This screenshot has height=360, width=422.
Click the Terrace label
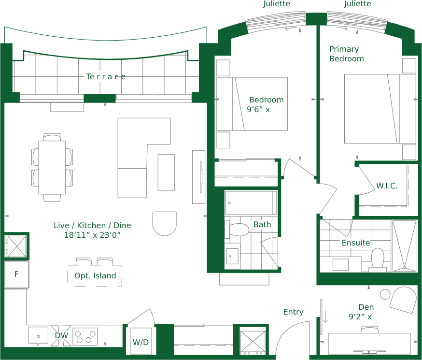(x=106, y=77)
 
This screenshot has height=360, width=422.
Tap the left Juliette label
(x=277, y=4)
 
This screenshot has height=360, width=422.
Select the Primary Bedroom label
(x=347, y=54)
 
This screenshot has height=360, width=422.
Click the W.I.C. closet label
(x=387, y=186)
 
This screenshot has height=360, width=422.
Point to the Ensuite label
(x=356, y=243)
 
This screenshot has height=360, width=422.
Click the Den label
(x=366, y=307)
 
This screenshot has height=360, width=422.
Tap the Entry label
(x=294, y=312)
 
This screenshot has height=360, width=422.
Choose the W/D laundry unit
(x=141, y=341)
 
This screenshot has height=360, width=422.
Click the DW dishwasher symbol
(x=61, y=336)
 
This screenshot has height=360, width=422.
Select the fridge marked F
(x=16, y=274)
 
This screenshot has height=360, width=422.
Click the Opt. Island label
(x=95, y=276)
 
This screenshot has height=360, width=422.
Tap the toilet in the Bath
(x=237, y=230)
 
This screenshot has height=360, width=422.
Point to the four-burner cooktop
(x=85, y=337)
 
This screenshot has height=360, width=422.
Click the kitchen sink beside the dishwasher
(x=38, y=336)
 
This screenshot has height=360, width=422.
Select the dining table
(x=52, y=167)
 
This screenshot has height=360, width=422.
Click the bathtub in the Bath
(x=251, y=203)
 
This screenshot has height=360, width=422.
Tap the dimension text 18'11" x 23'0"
(x=92, y=235)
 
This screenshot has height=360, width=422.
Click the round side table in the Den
(x=385, y=294)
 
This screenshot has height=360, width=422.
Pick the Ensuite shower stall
(x=405, y=246)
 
